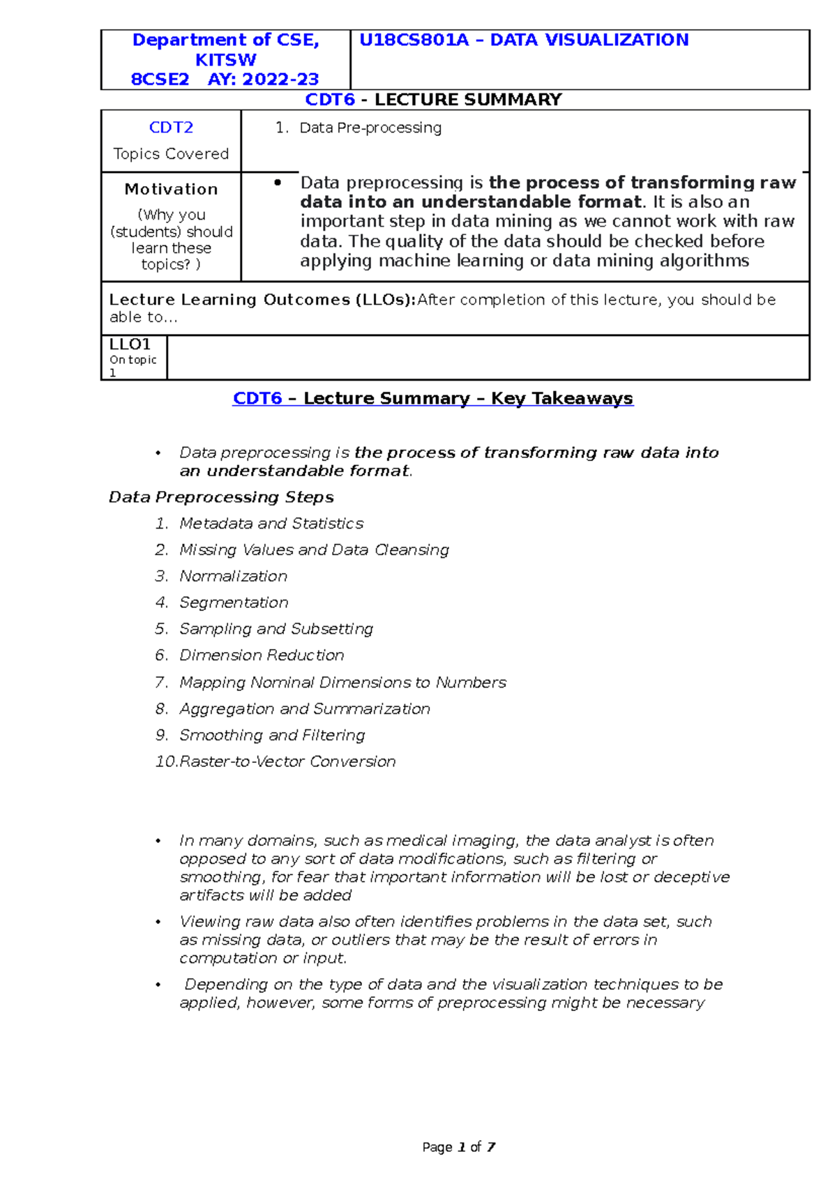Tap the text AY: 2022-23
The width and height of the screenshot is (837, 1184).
coord(263,79)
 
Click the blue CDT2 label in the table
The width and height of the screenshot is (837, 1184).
coord(171,128)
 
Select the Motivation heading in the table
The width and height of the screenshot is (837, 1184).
coord(171,189)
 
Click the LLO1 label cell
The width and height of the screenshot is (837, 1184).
coord(130,344)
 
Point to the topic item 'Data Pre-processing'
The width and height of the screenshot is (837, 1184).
coord(370,128)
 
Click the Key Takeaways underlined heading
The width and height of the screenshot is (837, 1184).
coord(432,398)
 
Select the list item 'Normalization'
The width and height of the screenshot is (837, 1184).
coord(233,576)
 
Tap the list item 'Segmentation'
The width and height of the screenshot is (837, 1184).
coord(234,602)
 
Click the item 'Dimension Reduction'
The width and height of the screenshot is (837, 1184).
coord(262,655)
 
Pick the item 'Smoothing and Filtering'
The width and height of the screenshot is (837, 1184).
coord(272,735)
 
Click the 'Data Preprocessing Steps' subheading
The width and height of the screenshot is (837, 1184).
coord(221,497)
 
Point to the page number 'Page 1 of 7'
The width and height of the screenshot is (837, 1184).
coord(459,1147)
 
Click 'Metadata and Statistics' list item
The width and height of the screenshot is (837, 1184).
coord(271,524)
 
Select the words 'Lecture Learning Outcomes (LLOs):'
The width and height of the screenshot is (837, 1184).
coord(262,300)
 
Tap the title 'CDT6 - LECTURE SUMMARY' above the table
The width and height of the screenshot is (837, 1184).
coord(433,100)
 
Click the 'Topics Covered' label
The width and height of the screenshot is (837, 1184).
coord(171,154)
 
